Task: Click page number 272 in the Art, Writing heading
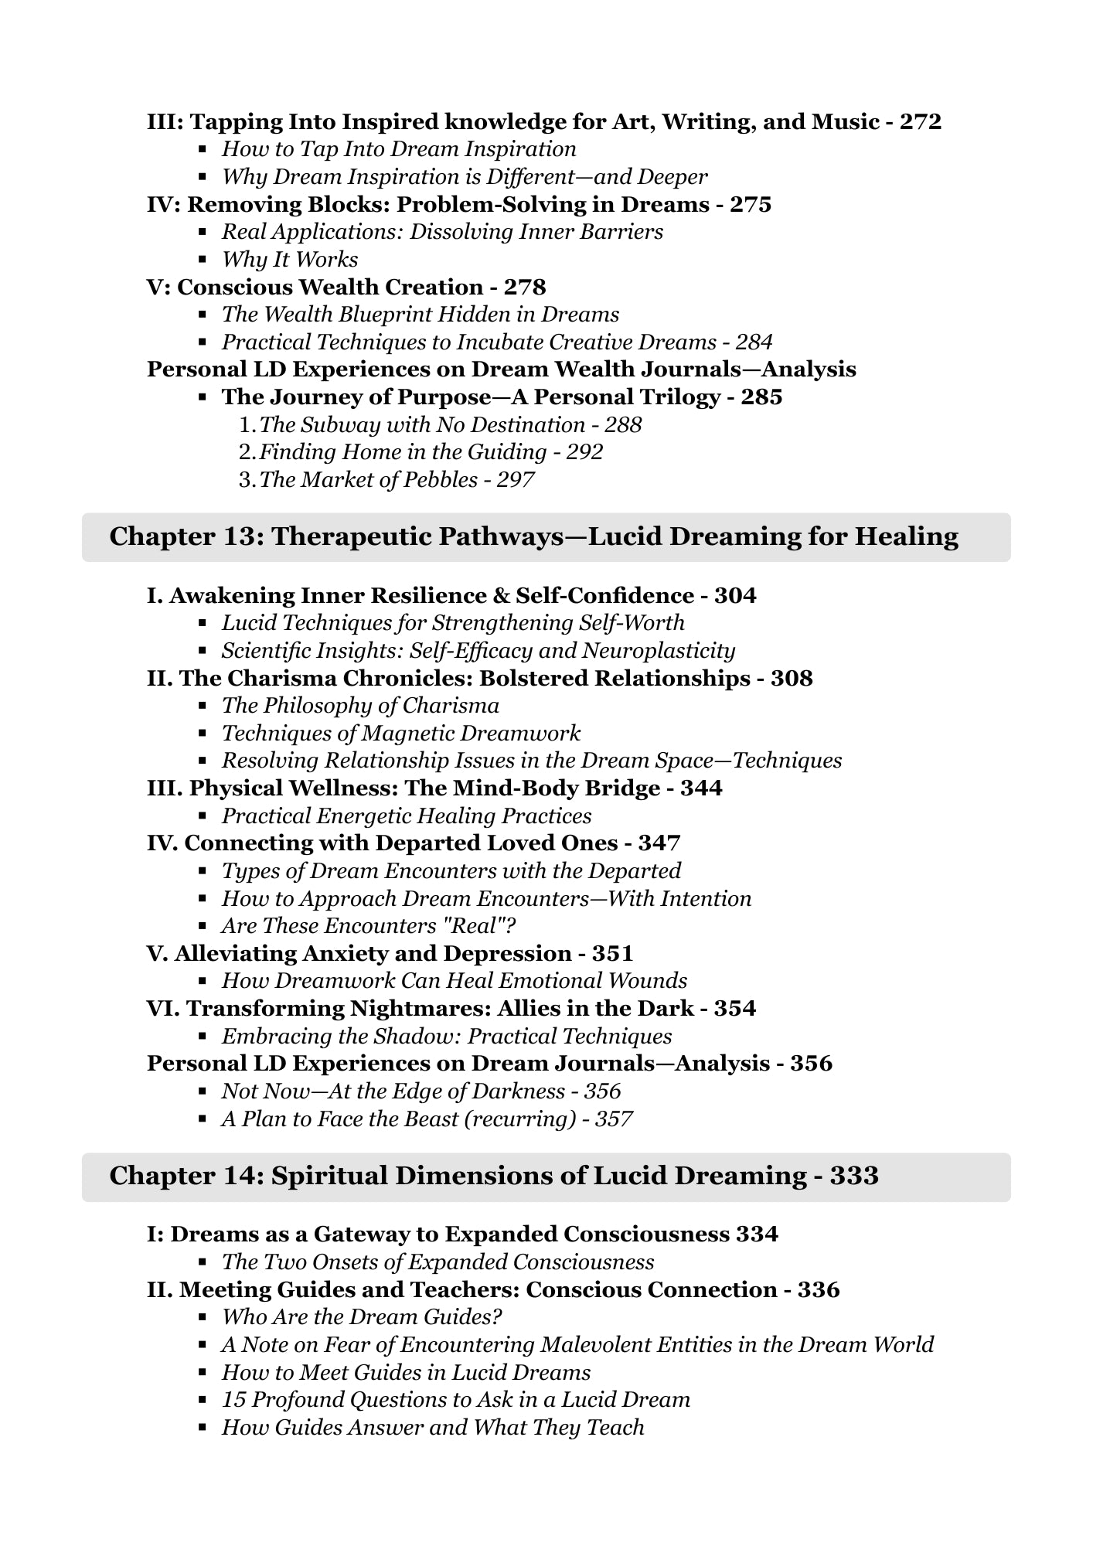(920, 122)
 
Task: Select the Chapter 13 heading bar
(546, 537)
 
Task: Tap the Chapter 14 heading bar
(546, 1177)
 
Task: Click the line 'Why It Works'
(290, 260)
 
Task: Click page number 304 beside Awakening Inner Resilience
(735, 596)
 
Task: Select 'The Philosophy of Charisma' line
(360, 706)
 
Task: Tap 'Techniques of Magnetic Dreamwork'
(401, 734)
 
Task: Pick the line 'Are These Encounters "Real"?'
(369, 926)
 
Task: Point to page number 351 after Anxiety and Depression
(613, 953)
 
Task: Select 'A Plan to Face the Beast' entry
(427, 1119)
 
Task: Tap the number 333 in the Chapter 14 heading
(854, 1177)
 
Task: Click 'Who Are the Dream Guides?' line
(362, 1317)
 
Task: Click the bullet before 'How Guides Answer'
(203, 1428)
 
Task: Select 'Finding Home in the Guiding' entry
(431, 452)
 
